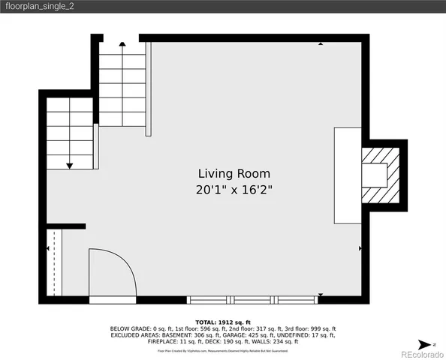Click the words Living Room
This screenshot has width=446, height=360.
click(x=223, y=174)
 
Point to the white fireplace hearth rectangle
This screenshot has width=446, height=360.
click(x=347, y=175)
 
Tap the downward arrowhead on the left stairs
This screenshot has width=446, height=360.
click(x=69, y=164)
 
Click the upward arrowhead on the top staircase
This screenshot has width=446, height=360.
click(x=122, y=45)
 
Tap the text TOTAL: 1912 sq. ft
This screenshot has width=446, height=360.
click(x=223, y=322)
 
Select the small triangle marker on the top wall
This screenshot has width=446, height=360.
click(x=321, y=44)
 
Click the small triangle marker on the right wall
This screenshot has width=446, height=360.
click(x=361, y=247)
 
